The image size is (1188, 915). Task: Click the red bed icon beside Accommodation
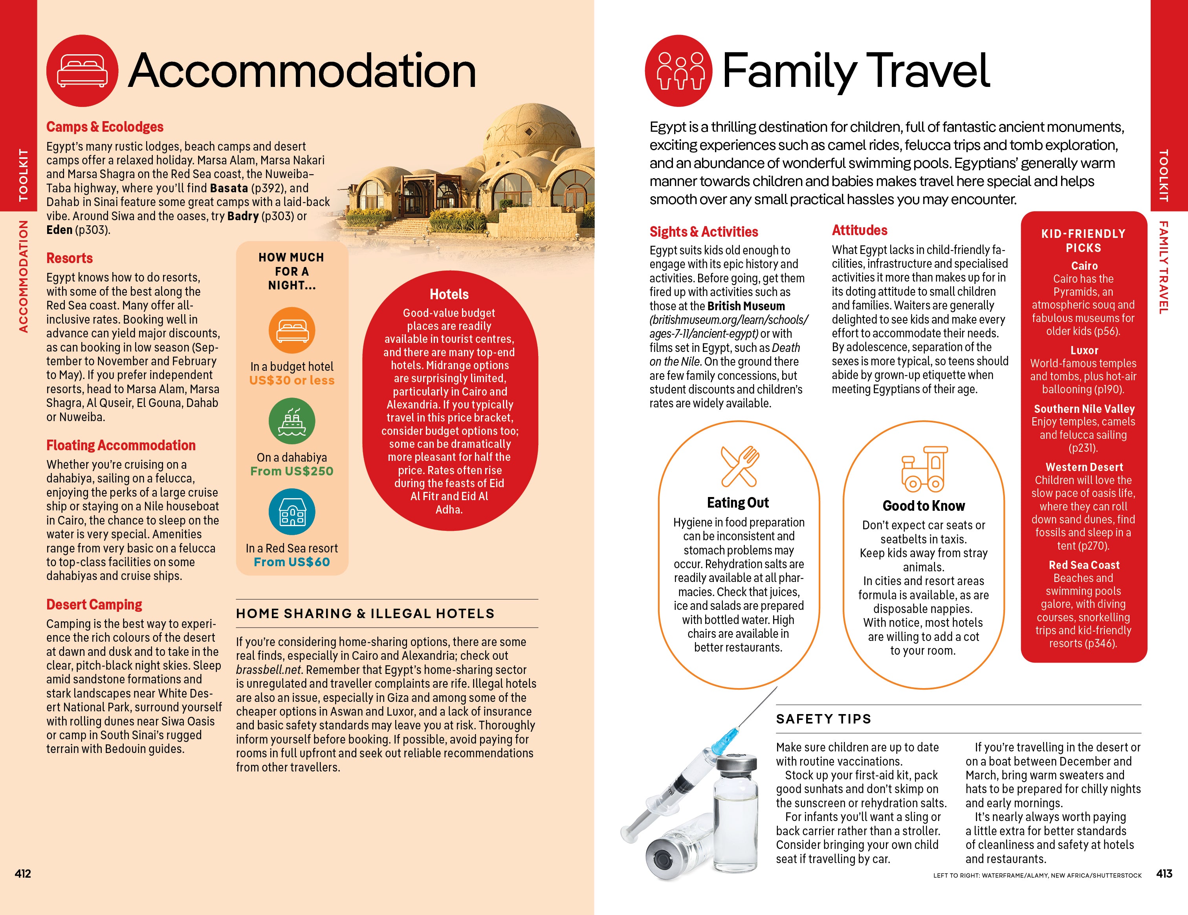click(x=82, y=71)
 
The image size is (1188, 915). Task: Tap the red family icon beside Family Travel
click(x=678, y=71)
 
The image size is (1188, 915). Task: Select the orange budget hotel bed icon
click(x=292, y=330)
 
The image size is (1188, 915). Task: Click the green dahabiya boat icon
click(x=292, y=421)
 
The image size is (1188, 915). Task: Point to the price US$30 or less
click(x=292, y=381)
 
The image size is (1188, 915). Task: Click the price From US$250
click(x=292, y=471)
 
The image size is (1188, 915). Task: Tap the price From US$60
click(x=292, y=562)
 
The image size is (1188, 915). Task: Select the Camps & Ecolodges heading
click(x=104, y=127)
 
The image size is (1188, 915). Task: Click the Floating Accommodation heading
click(x=121, y=445)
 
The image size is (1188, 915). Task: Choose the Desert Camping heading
click(x=94, y=605)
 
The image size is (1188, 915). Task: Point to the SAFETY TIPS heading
click(x=823, y=719)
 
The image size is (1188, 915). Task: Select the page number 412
click(x=23, y=874)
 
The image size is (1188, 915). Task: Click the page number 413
click(x=1164, y=874)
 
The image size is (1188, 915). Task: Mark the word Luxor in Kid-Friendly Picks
click(x=1084, y=350)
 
